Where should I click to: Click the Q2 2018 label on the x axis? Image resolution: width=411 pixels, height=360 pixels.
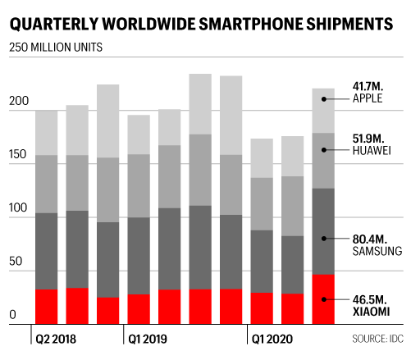point(57,337)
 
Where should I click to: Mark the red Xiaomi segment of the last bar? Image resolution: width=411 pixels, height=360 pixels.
point(323,298)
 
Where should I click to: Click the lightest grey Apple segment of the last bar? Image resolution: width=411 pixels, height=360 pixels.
point(323,111)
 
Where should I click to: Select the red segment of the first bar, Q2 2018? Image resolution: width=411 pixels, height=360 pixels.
point(46,306)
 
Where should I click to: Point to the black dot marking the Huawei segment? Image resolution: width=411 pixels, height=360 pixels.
point(325,149)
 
